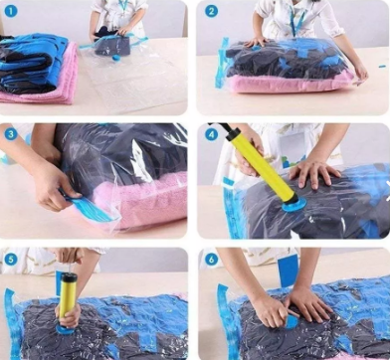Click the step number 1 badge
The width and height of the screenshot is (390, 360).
(10, 11)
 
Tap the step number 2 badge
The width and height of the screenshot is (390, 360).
(211, 11)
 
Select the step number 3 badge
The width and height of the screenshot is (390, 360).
(11, 134)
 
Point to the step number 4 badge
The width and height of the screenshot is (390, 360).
(211, 134)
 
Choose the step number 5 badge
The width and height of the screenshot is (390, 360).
(10, 260)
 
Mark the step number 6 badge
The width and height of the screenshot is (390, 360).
(211, 260)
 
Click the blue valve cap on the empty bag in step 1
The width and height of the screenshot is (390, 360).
(116, 58)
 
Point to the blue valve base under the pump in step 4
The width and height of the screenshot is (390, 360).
(294, 206)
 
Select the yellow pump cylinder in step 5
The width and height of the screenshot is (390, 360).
(68, 295)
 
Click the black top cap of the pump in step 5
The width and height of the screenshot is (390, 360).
(69, 277)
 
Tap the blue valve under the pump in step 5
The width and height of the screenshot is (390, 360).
(66, 329)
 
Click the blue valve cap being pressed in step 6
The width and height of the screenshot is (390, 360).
(292, 322)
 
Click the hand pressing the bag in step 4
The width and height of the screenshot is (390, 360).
(313, 171)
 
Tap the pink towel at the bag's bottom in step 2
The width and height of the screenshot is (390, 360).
(289, 83)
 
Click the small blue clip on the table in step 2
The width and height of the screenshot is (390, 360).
(383, 67)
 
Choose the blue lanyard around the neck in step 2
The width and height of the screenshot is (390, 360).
(297, 21)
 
